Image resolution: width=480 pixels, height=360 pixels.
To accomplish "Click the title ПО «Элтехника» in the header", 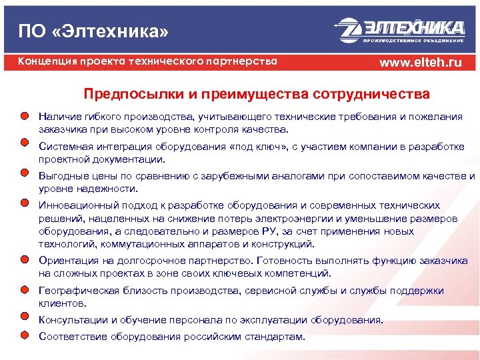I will click(93, 31).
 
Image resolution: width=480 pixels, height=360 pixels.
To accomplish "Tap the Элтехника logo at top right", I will click(400, 30).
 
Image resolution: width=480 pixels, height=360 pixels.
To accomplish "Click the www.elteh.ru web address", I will click(420, 63).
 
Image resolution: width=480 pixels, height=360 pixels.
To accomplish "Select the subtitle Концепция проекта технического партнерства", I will click(147, 61).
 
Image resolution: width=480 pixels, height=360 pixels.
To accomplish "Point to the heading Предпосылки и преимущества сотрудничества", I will click(257, 93).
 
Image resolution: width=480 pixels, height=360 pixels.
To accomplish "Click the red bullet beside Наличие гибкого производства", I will click(24, 116).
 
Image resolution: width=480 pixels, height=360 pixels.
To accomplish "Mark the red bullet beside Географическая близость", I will click(24, 289).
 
